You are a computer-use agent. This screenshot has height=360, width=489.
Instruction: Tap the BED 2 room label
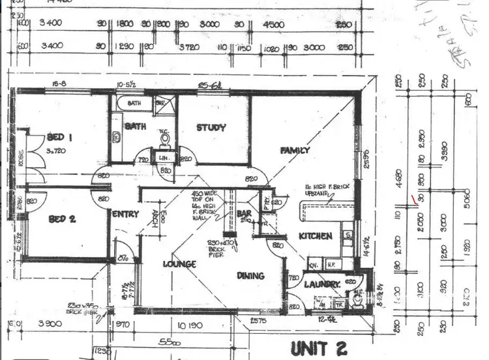point(63,219)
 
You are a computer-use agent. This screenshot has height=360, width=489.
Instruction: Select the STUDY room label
point(211,128)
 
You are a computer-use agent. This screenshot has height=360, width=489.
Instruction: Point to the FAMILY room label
point(295,150)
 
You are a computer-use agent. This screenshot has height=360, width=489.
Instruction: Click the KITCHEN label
point(316,236)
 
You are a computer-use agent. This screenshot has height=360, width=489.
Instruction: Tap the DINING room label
point(250,276)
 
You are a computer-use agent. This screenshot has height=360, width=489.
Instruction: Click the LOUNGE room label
point(179,264)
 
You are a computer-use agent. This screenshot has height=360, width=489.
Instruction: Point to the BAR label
point(244,213)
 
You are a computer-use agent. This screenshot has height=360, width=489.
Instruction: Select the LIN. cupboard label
point(164,158)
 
